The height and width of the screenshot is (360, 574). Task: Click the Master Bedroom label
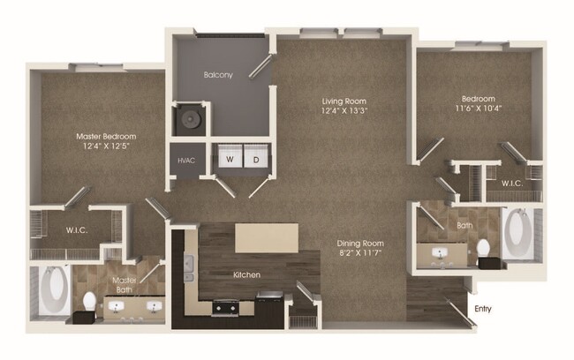click(105, 137)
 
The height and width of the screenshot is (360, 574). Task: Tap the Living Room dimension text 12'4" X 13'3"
click(344, 111)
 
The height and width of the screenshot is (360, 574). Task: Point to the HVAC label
click(186, 161)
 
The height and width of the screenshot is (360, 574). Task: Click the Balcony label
click(218, 75)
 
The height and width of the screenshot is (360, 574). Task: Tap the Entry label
click(482, 308)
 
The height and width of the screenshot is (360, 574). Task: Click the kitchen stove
click(225, 307)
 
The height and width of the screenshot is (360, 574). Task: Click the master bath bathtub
click(54, 289)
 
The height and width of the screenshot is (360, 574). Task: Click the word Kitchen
click(246, 275)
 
